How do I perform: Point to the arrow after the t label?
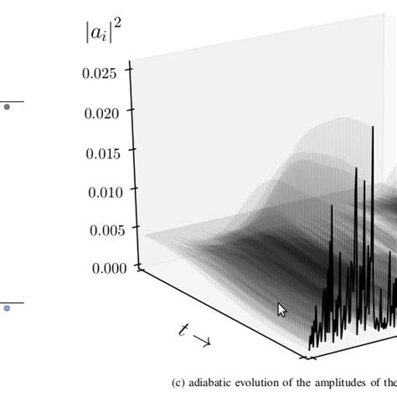pyautogui.click(x=201, y=340)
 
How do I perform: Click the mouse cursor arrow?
pyautogui.click(x=281, y=309)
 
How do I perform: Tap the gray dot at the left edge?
pyautogui.click(x=7, y=106)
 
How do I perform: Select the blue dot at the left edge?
pyautogui.click(x=7, y=308)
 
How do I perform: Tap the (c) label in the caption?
pyautogui.click(x=179, y=382)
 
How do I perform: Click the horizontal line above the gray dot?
pyautogui.click(x=10, y=101)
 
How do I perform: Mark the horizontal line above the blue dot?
pyautogui.click(x=10, y=302)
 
